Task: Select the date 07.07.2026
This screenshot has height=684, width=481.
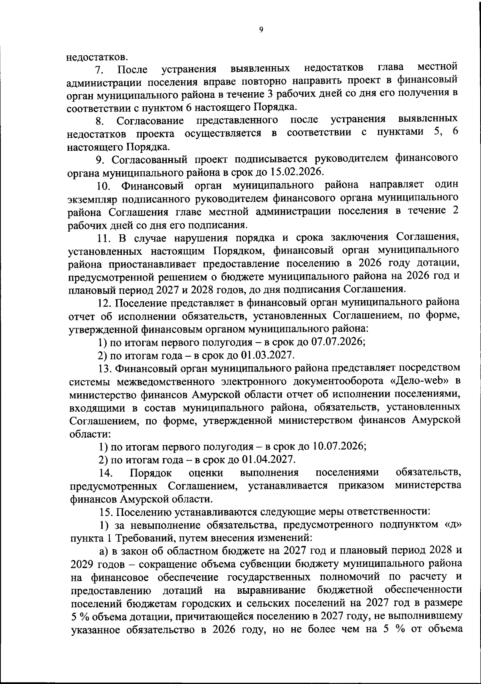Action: point(340,342)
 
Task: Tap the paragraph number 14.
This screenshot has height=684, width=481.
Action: point(105,472)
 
